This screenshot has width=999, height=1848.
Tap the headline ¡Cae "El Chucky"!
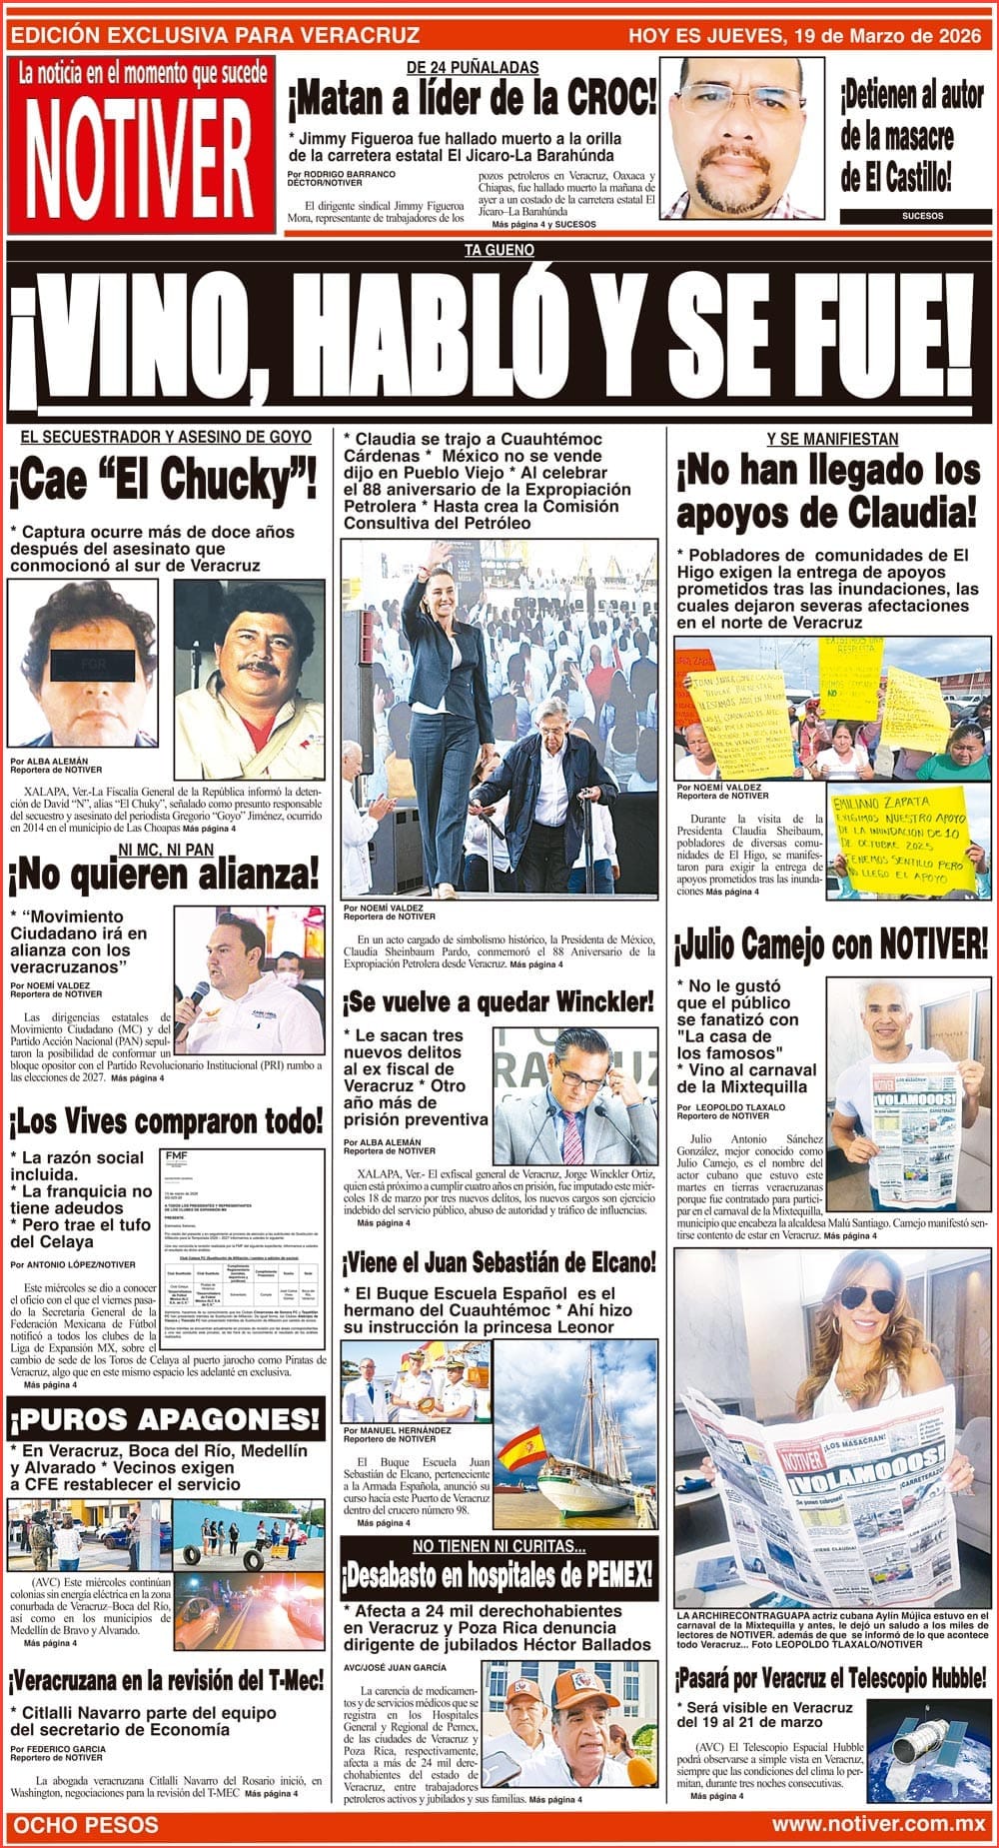click(x=164, y=482)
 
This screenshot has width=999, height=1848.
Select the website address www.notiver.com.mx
click(x=878, y=1824)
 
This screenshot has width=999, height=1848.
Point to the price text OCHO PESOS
click(x=87, y=1824)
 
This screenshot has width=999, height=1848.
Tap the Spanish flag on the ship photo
click(x=520, y=1448)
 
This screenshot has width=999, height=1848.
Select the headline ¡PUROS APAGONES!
click(x=166, y=1419)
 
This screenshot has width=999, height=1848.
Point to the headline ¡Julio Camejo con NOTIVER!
click(x=831, y=941)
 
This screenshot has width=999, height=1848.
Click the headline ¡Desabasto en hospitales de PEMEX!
click(x=498, y=1576)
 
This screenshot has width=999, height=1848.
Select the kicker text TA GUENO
click(x=499, y=251)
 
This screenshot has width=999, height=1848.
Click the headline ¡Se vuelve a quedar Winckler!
click(x=499, y=1000)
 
